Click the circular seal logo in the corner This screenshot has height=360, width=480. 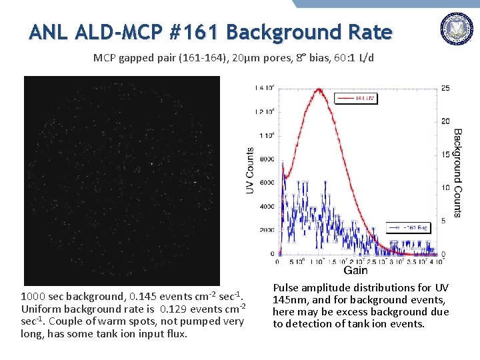pyautogui.click(x=456, y=30)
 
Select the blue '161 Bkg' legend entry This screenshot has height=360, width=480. pyautogui.click(x=414, y=227)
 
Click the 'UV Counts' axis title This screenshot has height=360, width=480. pyautogui.click(x=250, y=171)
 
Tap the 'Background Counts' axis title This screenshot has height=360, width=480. pyautogui.click(x=457, y=173)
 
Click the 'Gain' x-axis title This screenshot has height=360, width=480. pyautogui.click(x=355, y=269)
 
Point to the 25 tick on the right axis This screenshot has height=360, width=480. pyautogui.click(x=445, y=88)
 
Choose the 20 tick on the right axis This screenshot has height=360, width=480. pyautogui.click(x=445, y=121)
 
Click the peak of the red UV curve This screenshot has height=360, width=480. pyautogui.click(x=320, y=89)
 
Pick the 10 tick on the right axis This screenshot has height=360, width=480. pyautogui.click(x=445, y=187)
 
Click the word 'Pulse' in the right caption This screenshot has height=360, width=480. pyautogui.click(x=287, y=288)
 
